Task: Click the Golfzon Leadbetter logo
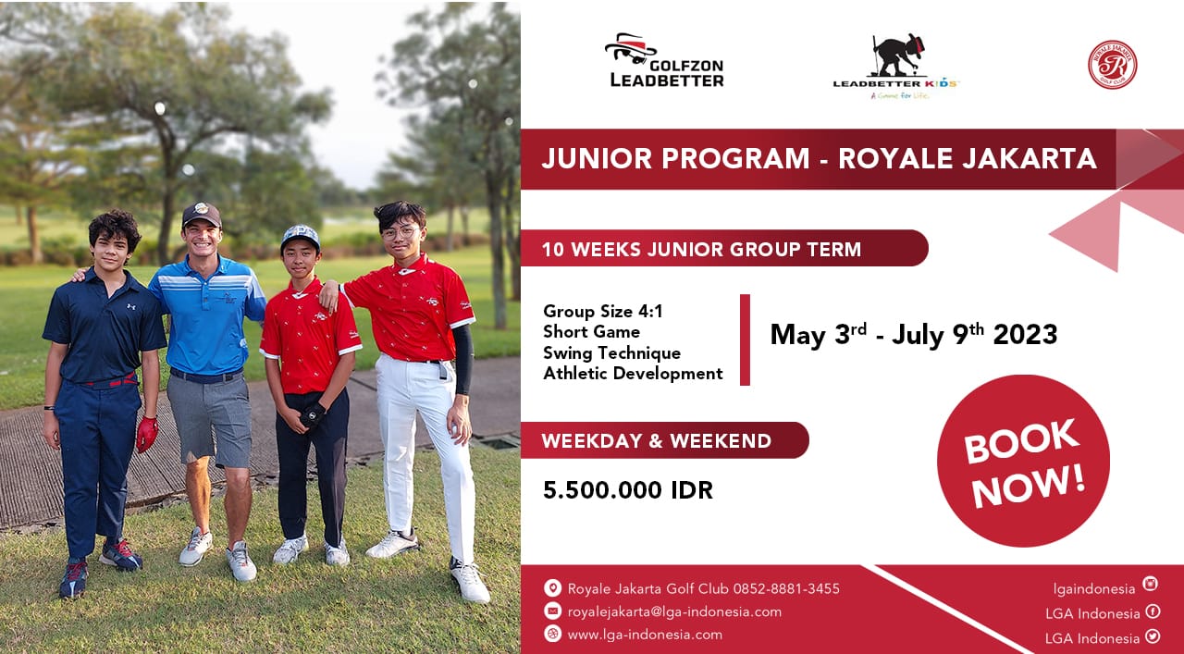click(x=664, y=60)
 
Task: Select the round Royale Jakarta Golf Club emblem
click(x=1112, y=65)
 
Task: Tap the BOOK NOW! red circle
click(x=1023, y=461)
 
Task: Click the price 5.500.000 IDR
click(x=628, y=490)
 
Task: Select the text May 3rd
click(x=819, y=335)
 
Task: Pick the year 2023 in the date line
click(x=1025, y=335)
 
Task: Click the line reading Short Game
click(x=591, y=332)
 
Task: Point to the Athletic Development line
click(x=633, y=374)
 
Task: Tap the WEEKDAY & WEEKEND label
click(x=657, y=441)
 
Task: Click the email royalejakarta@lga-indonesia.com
click(x=674, y=611)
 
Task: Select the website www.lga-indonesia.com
click(x=645, y=635)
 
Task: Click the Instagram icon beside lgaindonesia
click(x=1150, y=584)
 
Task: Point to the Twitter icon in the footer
click(x=1153, y=636)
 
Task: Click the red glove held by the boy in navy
click(x=147, y=434)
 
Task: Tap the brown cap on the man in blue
click(x=202, y=214)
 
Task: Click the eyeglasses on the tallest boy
click(x=401, y=231)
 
